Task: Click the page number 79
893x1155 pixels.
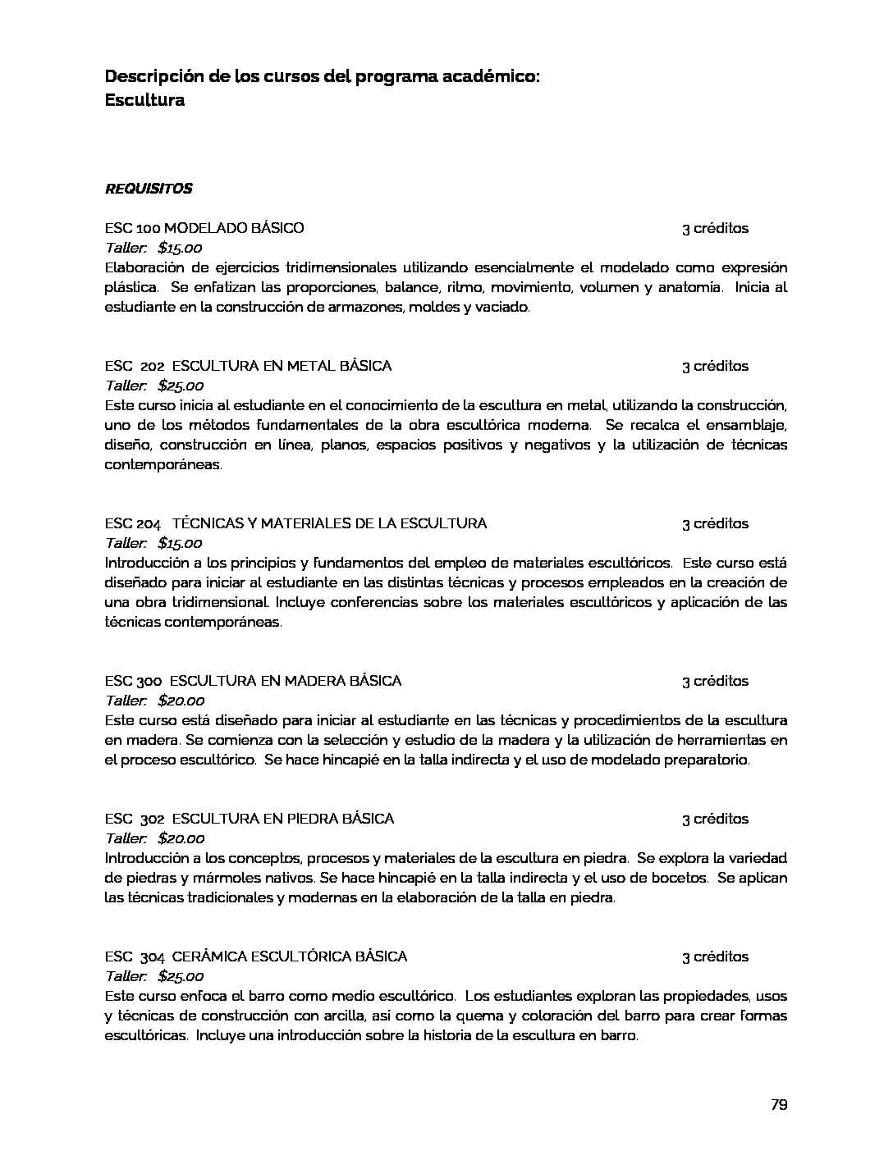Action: coord(779,1104)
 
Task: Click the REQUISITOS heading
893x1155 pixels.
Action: coord(149,189)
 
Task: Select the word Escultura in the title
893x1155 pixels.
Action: coord(144,100)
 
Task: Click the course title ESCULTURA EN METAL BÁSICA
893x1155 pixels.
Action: coord(282,366)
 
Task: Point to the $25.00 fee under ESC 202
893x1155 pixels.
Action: coord(181,386)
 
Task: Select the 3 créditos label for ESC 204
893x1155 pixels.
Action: coord(715,523)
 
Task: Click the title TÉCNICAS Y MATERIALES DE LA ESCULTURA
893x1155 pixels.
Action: coord(329,523)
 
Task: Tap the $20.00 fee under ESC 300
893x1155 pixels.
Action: coord(181,701)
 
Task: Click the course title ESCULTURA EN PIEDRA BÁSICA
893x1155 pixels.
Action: coord(282,819)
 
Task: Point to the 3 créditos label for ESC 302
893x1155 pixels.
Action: coord(715,819)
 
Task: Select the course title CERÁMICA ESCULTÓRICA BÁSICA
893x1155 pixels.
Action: coord(289,956)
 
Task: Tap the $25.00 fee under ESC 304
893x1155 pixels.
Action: coord(181,976)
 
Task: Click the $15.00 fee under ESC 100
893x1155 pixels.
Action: coord(180,248)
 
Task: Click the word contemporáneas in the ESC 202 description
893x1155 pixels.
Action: coord(162,464)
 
